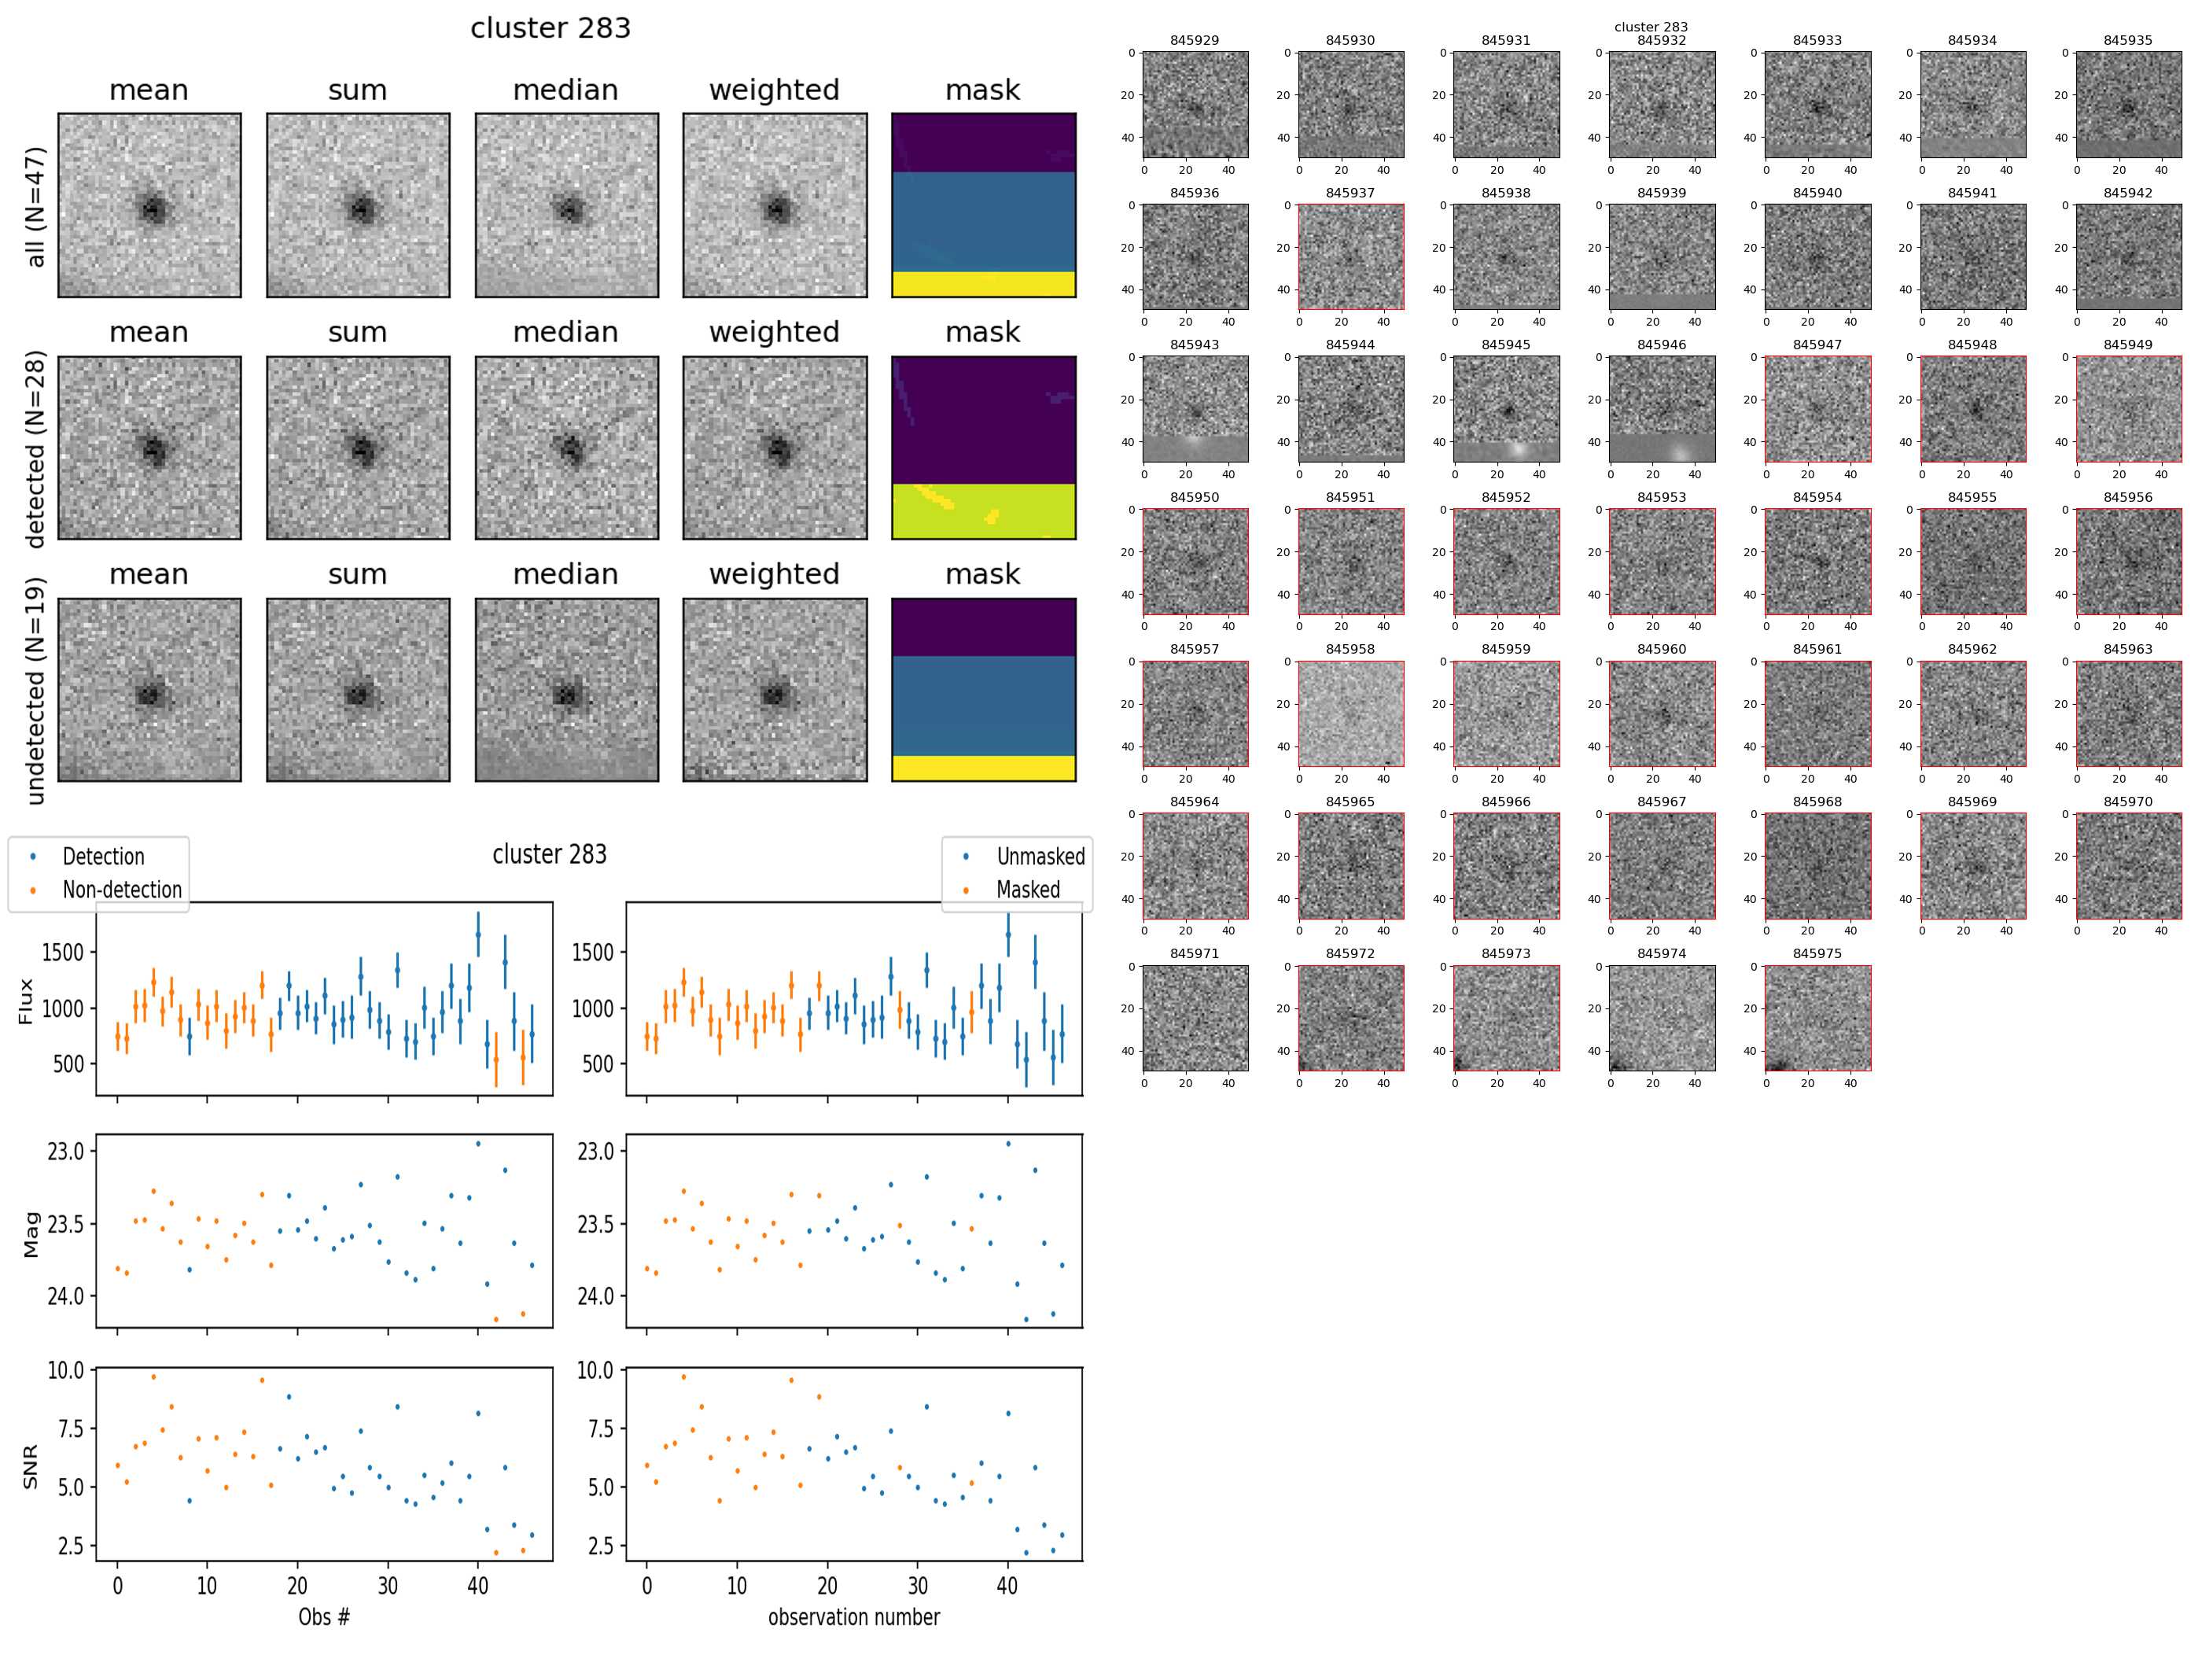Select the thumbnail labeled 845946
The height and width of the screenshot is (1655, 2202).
1662,409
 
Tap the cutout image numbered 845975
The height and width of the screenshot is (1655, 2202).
1817,1018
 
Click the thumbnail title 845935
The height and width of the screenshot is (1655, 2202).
2127,41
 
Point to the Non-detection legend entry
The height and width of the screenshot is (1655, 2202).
121,889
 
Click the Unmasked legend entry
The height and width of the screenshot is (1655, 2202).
1040,857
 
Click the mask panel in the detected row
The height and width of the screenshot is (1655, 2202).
982,448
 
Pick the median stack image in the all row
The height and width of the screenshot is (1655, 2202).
566,205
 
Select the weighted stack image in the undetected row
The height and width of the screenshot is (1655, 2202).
775,690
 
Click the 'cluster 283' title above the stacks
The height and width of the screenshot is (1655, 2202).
550,28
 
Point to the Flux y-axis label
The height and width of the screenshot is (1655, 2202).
26,1001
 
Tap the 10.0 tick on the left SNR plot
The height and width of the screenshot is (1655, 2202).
66,1370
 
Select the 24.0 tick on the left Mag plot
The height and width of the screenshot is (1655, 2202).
66,1296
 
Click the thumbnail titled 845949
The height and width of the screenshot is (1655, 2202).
2127,409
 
